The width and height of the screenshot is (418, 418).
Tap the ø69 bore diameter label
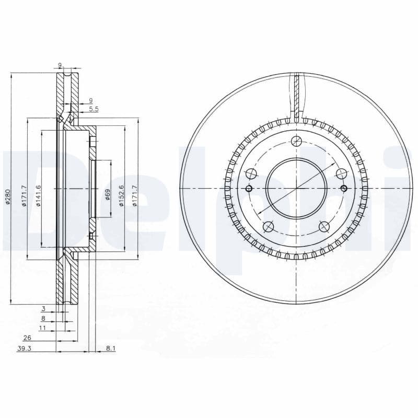tap(108, 195)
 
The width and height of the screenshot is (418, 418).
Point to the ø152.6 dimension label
tap(121, 195)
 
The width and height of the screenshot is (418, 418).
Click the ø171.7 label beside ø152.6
tap(134, 195)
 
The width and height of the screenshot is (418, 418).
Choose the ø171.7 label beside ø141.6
tap(24, 195)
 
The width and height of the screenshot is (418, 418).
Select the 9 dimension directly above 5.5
tap(90, 101)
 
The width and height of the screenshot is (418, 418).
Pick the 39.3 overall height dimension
tap(24, 349)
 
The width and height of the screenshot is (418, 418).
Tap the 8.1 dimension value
tap(110, 349)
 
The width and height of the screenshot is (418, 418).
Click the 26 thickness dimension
tap(27, 338)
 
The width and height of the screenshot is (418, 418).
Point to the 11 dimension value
tap(43, 328)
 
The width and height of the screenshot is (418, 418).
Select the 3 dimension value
tap(44, 309)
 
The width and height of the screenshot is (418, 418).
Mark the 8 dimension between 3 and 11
tap(43, 318)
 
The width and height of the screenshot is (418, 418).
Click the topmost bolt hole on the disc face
tap(296, 141)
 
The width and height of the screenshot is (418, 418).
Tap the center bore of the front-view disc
tap(296, 188)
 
